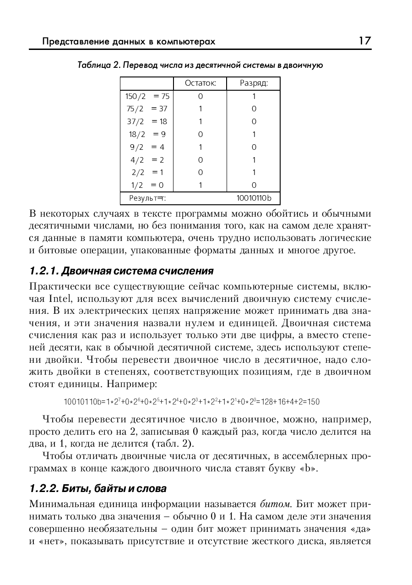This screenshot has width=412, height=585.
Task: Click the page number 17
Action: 364,41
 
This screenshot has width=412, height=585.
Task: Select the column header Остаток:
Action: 200,83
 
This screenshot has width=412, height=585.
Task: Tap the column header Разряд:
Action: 254,83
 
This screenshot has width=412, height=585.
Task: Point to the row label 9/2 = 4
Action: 147,147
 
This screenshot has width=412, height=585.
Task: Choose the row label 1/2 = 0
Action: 147,186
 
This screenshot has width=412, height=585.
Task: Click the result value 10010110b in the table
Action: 254,198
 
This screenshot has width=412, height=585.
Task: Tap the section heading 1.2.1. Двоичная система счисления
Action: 121,271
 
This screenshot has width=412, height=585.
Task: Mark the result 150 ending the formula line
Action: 313,402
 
